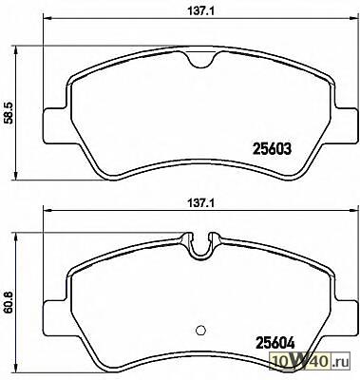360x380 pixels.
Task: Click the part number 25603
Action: pos(271,148)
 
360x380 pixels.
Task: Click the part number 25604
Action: pos(275,342)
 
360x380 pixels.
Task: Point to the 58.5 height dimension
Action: pos(8,113)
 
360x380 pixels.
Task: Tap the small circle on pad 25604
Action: pos(200,330)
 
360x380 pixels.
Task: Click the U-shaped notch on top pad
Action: pos(200,60)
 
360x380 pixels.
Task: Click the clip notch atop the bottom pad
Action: pos(200,246)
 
